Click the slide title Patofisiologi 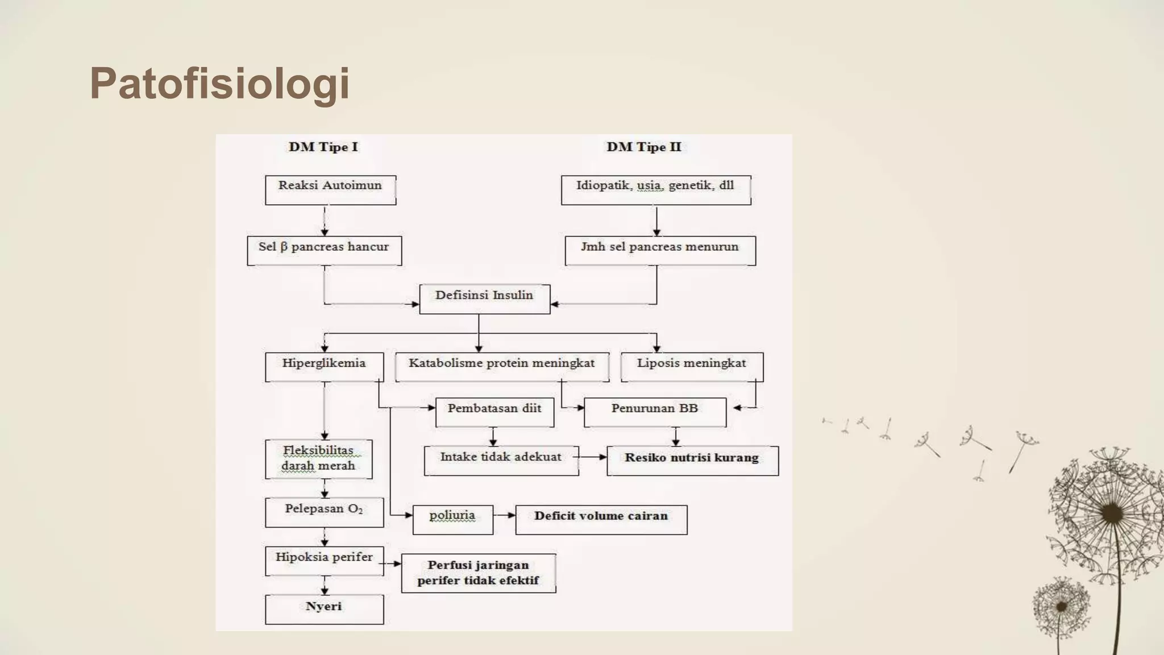(x=219, y=84)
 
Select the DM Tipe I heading (x=323, y=147)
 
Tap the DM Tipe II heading (x=643, y=147)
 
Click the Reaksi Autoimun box (x=330, y=190)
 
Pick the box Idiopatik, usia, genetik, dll (x=655, y=190)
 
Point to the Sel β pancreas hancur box (x=324, y=251)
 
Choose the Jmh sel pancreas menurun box (x=660, y=251)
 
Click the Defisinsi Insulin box (x=484, y=299)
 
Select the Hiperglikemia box (x=324, y=367)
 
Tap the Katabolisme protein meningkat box (x=501, y=367)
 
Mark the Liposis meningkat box (x=691, y=367)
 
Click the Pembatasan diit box (x=494, y=412)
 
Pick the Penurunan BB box (x=655, y=412)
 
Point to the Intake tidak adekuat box (x=501, y=461)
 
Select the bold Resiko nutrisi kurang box (x=692, y=461)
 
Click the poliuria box (x=452, y=519)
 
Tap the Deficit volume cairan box (x=601, y=519)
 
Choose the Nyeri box (x=324, y=610)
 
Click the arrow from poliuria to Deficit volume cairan (x=505, y=515)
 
